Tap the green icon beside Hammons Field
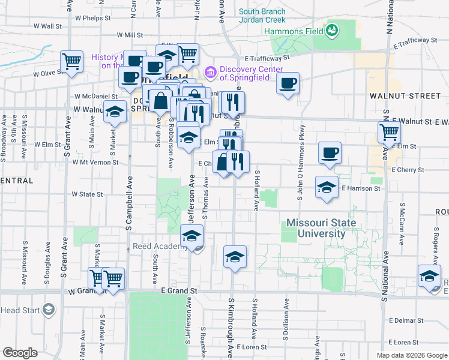(x=331, y=29)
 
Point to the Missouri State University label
(x=321, y=228)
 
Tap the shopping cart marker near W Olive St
(x=72, y=61)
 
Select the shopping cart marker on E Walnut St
(x=389, y=132)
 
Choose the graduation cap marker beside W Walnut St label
(x=114, y=112)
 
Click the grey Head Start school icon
(x=48, y=310)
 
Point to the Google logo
(x=19, y=353)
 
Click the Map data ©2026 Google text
(x=412, y=355)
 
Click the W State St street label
(x=88, y=194)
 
